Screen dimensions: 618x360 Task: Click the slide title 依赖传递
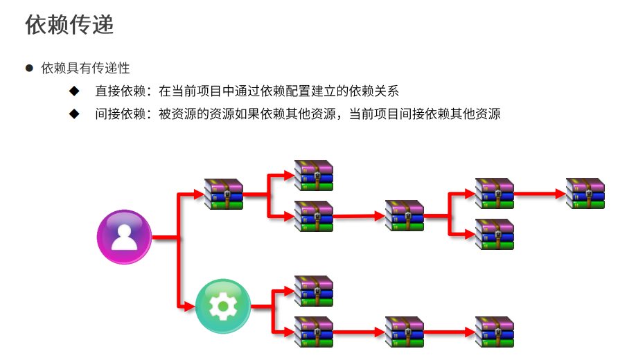tap(69, 24)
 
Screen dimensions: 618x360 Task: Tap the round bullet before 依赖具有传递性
tap(29, 68)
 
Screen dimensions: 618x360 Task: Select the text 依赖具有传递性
tap(85, 68)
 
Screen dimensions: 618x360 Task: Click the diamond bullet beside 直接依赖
tap(74, 91)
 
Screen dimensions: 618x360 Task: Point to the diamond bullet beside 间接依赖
tap(74, 114)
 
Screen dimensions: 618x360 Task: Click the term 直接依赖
tap(121, 91)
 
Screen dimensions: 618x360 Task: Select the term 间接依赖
tap(121, 114)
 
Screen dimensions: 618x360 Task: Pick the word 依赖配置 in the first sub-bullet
tap(285, 91)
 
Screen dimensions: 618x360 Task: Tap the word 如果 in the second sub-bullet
tap(247, 114)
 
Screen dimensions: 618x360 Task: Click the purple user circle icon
tap(124, 237)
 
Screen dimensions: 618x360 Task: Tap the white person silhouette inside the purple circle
tap(124, 237)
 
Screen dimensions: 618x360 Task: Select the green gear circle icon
tap(223, 306)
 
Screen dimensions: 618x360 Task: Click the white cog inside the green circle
tap(223, 306)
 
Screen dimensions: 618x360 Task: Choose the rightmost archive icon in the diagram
tap(585, 193)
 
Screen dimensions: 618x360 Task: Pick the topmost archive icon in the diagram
tap(314, 175)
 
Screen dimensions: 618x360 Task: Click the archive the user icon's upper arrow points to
tap(224, 194)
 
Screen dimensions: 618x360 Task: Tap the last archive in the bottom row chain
tap(495, 332)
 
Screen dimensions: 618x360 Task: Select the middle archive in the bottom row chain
tap(405, 332)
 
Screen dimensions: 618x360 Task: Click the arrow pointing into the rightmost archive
tap(540, 193)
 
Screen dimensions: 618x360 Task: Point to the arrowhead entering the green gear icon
tap(190, 306)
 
